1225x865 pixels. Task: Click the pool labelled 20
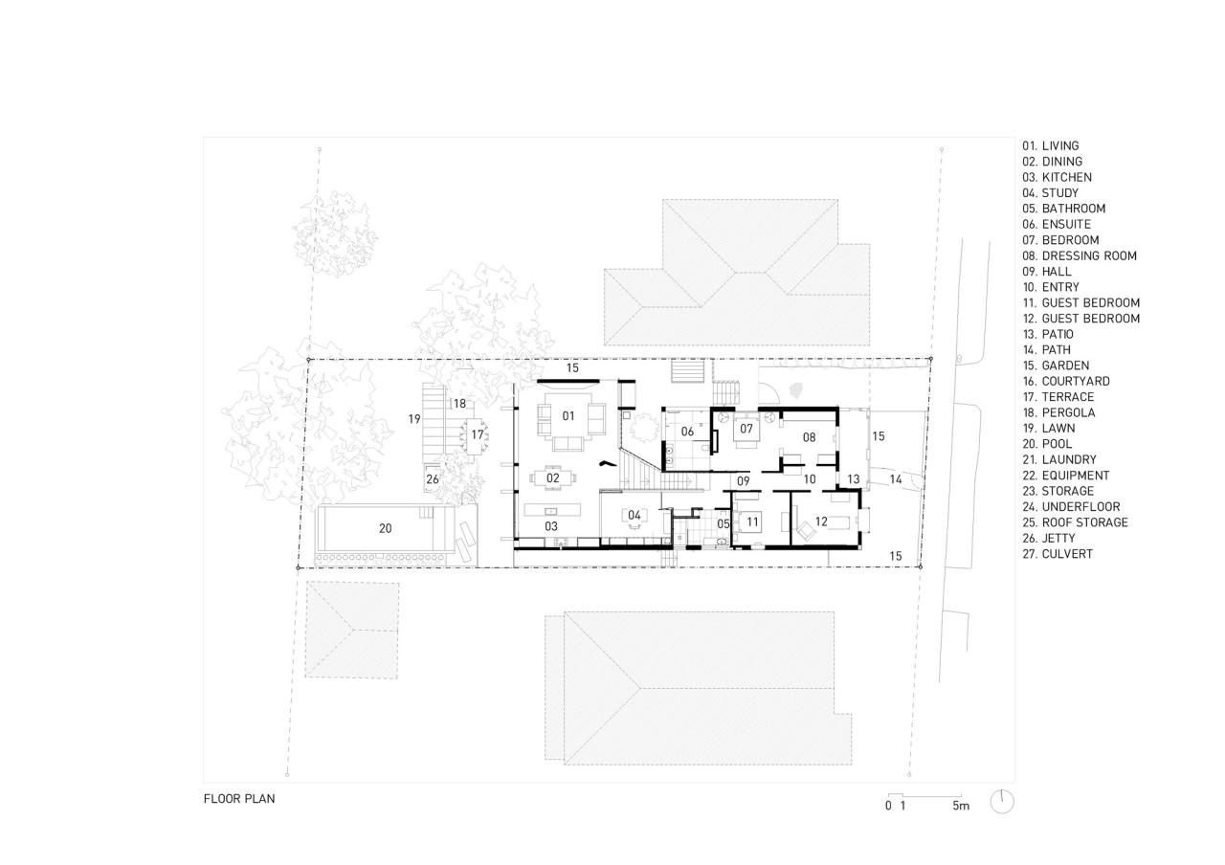coord(385,528)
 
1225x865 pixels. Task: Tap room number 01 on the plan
coord(568,415)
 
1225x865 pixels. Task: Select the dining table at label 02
coord(553,477)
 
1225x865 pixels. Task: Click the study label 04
coord(634,516)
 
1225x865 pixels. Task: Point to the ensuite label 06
coord(687,432)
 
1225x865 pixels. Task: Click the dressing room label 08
coord(809,437)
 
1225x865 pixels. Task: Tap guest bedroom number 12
coord(820,521)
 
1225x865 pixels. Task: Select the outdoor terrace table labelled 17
coord(477,434)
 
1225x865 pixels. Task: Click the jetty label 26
coord(433,479)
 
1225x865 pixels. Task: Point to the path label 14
coord(896,479)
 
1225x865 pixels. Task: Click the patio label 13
coord(853,479)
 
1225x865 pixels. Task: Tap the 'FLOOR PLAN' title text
coord(238,798)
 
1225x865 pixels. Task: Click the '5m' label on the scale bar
coord(960,806)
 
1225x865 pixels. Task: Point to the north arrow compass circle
coord(1002,801)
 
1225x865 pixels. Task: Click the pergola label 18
coord(459,404)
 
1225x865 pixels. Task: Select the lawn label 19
coord(413,419)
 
